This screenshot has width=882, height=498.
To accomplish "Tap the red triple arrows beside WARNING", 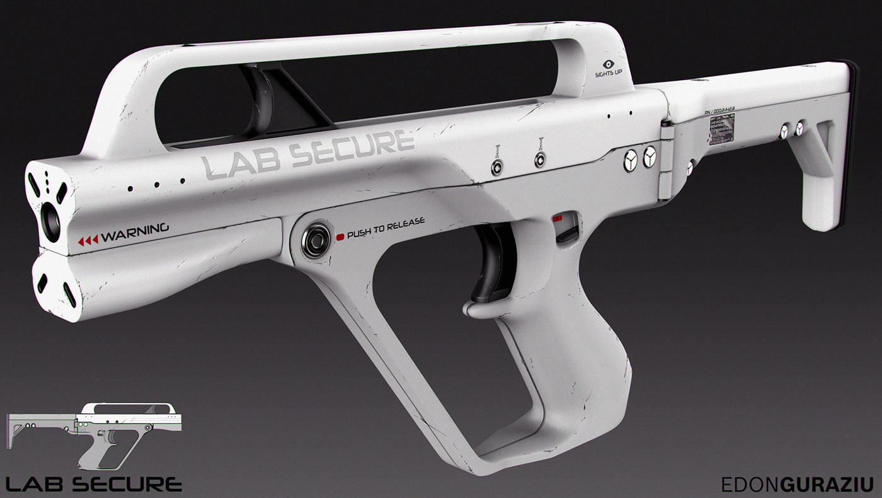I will coord(88,240).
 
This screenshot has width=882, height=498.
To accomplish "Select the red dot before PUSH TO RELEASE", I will coord(340,236).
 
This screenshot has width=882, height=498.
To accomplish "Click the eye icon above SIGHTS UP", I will coord(609,64).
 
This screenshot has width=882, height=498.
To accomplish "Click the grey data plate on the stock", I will coord(724,133).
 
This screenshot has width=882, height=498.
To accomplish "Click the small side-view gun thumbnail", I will coord(94,435).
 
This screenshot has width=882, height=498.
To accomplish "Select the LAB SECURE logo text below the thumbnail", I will coord(94,484).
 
